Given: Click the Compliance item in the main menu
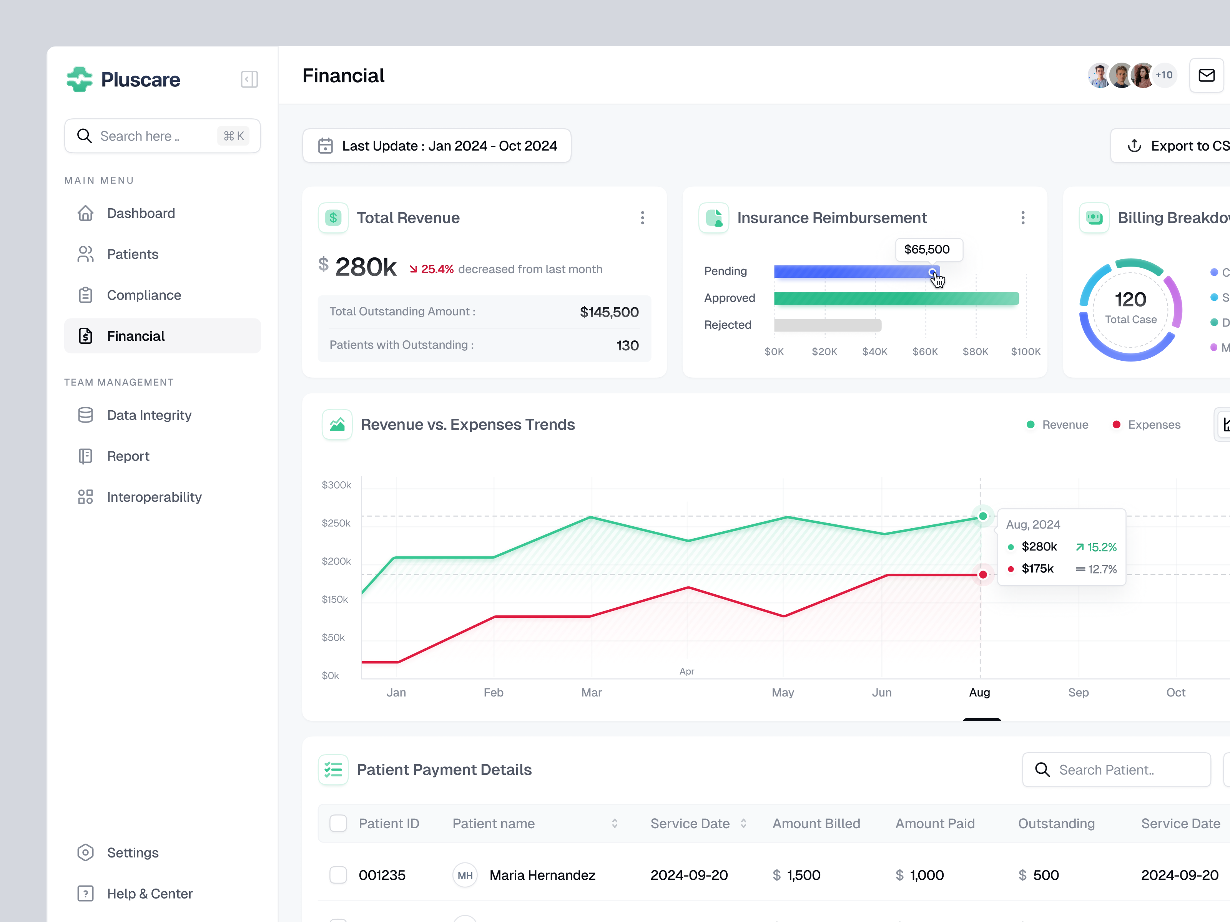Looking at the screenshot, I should point(143,295).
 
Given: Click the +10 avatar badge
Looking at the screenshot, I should point(1164,75).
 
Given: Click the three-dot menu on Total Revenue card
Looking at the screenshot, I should point(642,218).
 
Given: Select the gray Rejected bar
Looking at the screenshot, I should point(828,325).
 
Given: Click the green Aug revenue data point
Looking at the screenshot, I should point(982,516).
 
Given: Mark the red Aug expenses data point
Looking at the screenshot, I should point(982,575).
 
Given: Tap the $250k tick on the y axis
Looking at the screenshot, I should point(336,523).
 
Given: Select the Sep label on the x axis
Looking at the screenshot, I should point(1078,693).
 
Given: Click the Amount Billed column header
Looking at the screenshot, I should point(816,824).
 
